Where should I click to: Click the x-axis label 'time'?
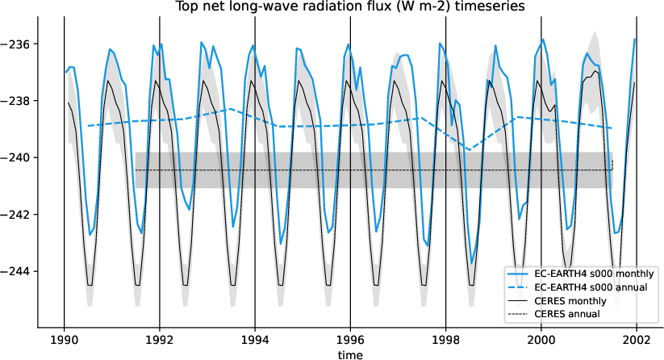coord(350,354)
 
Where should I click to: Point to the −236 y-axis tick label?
coord(18,44)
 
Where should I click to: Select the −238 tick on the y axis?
coord(18,101)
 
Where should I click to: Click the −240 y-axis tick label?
coord(18,157)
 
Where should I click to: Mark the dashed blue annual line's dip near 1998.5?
coord(470,149)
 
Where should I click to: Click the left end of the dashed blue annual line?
coord(88,126)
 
